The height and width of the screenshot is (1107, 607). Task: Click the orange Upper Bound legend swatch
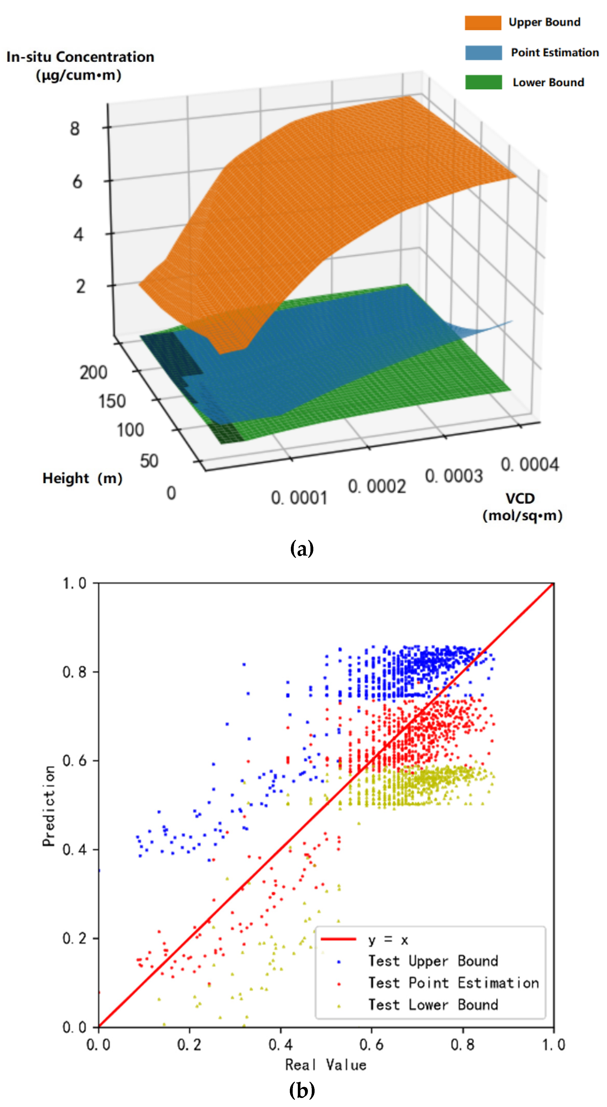[483, 23]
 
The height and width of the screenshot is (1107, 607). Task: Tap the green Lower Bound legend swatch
[483, 82]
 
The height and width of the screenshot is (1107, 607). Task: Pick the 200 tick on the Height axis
[93, 372]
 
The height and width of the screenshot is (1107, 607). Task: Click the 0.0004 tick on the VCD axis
[530, 465]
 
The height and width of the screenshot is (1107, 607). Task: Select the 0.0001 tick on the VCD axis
[299, 498]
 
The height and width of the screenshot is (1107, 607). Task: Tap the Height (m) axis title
[82, 478]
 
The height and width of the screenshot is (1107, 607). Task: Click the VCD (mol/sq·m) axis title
[522, 507]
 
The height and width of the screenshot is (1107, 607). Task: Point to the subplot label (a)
[302, 549]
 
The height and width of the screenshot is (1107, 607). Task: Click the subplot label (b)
[302, 1090]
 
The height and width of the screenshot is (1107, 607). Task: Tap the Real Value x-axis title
[326, 1065]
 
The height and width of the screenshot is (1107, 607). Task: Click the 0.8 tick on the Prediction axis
[75, 672]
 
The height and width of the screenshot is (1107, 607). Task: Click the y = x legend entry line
[339, 939]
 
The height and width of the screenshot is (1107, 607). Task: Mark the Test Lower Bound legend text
[433, 1005]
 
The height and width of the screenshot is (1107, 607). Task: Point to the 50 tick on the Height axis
[149, 461]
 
